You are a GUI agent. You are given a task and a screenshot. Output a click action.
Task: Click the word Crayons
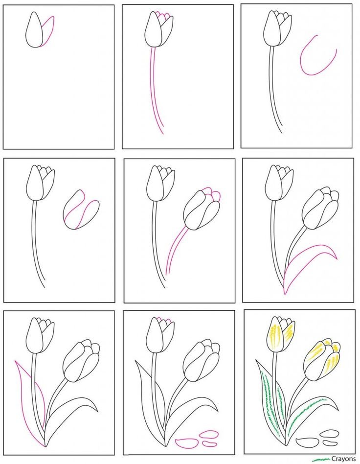[343, 459]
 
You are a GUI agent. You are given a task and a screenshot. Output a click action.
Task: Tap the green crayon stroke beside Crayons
[321, 460]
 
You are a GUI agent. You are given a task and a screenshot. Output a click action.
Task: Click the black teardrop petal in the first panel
[35, 29]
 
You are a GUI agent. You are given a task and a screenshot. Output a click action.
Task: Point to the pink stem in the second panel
[156, 90]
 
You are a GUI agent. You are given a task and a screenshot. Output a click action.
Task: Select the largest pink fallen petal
[187, 442]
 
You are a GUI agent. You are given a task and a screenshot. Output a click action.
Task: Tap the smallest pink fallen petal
[210, 443]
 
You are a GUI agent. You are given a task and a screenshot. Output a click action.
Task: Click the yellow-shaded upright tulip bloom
[280, 334]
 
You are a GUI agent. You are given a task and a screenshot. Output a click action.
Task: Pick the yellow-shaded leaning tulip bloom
[322, 360]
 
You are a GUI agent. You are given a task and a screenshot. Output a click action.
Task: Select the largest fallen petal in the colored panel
[308, 442]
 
